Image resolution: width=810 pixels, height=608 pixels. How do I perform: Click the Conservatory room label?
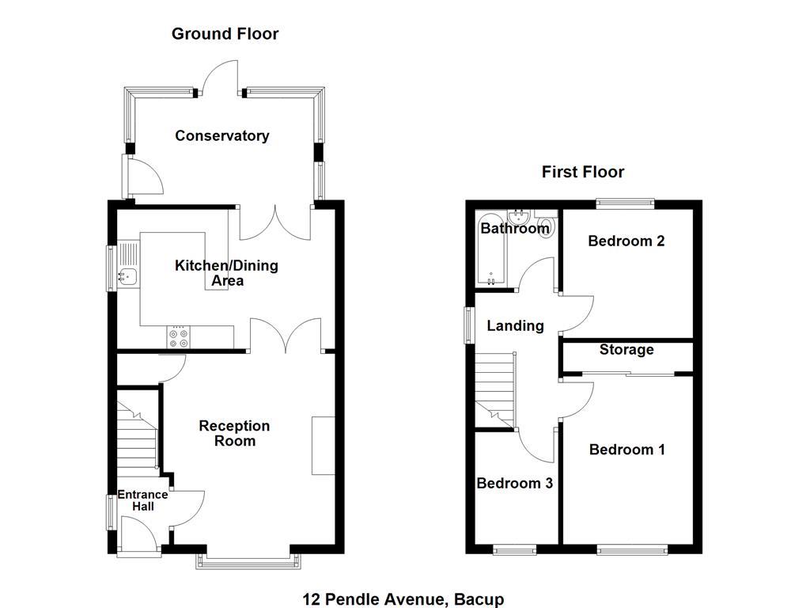click(221, 135)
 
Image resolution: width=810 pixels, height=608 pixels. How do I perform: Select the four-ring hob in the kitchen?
click(178, 338)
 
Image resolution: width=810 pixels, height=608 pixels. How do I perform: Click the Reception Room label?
click(234, 433)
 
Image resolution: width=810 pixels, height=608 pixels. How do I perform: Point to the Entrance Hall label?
click(143, 500)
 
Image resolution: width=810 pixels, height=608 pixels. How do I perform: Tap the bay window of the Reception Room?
click(249, 561)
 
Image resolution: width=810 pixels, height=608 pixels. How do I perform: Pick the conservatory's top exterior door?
click(220, 79)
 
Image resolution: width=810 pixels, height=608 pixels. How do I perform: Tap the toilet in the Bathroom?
click(544, 226)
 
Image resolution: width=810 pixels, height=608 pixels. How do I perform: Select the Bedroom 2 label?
click(626, 241)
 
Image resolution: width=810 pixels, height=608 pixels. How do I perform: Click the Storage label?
click(626, 349)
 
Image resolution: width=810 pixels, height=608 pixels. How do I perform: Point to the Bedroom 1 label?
click(626, 450)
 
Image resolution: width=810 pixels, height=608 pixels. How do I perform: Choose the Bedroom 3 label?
click(514, 483)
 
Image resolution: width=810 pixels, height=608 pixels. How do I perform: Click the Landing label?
click(515, 325)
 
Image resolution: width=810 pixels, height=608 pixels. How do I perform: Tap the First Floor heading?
click(582, 172)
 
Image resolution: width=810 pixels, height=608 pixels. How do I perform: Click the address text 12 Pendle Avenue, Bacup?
click(403, 599)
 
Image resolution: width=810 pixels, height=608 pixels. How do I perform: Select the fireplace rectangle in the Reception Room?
click(323, 445)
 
